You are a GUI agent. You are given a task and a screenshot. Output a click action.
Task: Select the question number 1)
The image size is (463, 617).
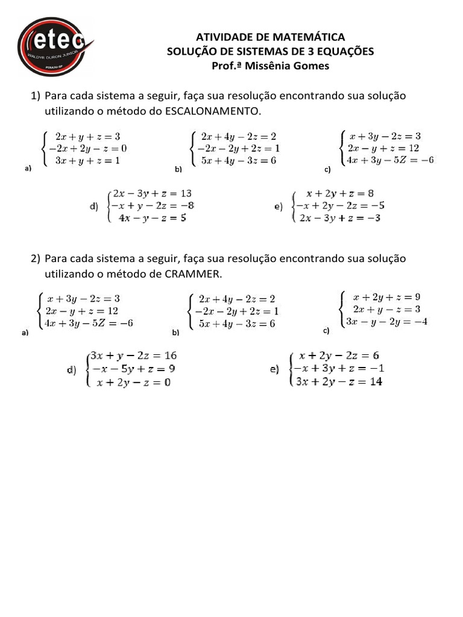click(x=35, y=96)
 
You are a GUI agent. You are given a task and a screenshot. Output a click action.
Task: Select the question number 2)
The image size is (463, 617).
click(x=35, y=258)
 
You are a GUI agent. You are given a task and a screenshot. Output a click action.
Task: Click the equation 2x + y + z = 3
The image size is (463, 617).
click(x=87, y=137)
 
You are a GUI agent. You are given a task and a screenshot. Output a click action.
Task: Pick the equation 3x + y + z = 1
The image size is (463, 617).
click(x=87, y=160)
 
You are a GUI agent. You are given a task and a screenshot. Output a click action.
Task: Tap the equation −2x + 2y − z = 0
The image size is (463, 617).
click(x=87, y=148)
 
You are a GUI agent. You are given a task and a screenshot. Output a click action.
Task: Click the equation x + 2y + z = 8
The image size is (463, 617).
click(x=339, y=193)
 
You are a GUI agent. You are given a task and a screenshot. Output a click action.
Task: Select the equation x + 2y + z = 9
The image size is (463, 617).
click(x=386, y=297)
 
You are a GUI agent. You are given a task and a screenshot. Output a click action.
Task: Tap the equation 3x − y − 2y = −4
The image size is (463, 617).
click(x=386, y=321)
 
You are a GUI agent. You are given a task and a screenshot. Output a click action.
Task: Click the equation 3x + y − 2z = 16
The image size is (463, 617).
click(x=133, y=355)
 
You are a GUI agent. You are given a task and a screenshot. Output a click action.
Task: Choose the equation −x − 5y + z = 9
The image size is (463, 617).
click(x=133, y=368)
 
